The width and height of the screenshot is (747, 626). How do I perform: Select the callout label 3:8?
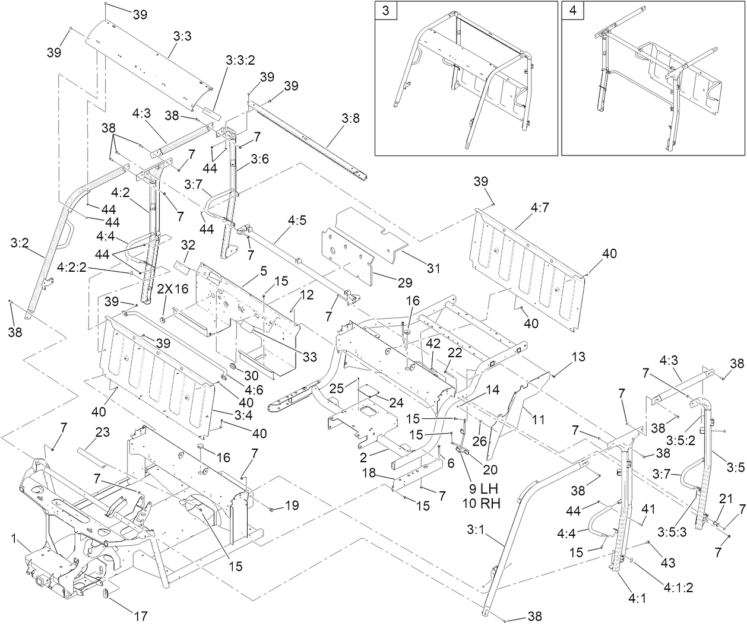pos(350,118)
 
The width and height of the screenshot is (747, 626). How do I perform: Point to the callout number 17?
pos(141,616)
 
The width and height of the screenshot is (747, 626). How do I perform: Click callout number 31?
pos(433,269)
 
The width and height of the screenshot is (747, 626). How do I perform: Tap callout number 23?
pos(103,433)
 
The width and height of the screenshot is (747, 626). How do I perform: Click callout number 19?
pos(292,506)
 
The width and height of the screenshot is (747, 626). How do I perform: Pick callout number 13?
pos(578,357)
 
